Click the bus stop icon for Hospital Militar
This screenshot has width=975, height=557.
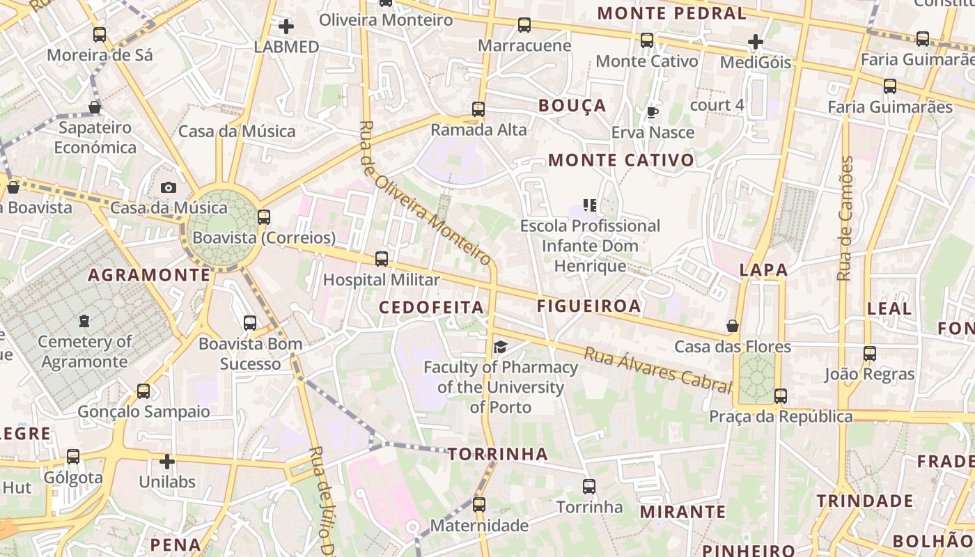tap(382, 259)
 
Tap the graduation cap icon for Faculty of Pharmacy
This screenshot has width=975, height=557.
tap(500, 347)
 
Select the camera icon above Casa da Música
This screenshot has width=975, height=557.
tap(169, 187)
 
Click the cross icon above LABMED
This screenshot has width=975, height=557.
tap(286, 26)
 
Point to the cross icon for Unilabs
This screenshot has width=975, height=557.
tap(167, 461)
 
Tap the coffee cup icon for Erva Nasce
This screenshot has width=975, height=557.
tap(653, 111)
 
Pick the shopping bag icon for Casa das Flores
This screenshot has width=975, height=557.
tap(733, 326)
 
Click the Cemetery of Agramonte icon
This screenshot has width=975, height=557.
tap(84, 321)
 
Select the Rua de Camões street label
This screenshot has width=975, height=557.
tap(845, 219)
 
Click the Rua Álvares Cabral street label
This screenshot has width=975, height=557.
tap(658, 370)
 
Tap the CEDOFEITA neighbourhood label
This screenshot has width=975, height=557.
tap(431, 307)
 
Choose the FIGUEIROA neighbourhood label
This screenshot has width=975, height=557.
tap(588, 306)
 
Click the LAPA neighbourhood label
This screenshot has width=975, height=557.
tap(763, 270)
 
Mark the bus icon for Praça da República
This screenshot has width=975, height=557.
tap(781, 396)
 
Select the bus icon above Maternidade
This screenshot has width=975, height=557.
tap(479, 504)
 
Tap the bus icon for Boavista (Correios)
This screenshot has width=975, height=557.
tap(264, 217)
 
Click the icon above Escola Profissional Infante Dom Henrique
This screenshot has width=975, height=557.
tap(590, 205)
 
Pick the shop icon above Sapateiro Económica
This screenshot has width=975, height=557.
tap(95, 107)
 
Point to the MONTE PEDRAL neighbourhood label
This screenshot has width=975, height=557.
tap(671, 13)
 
